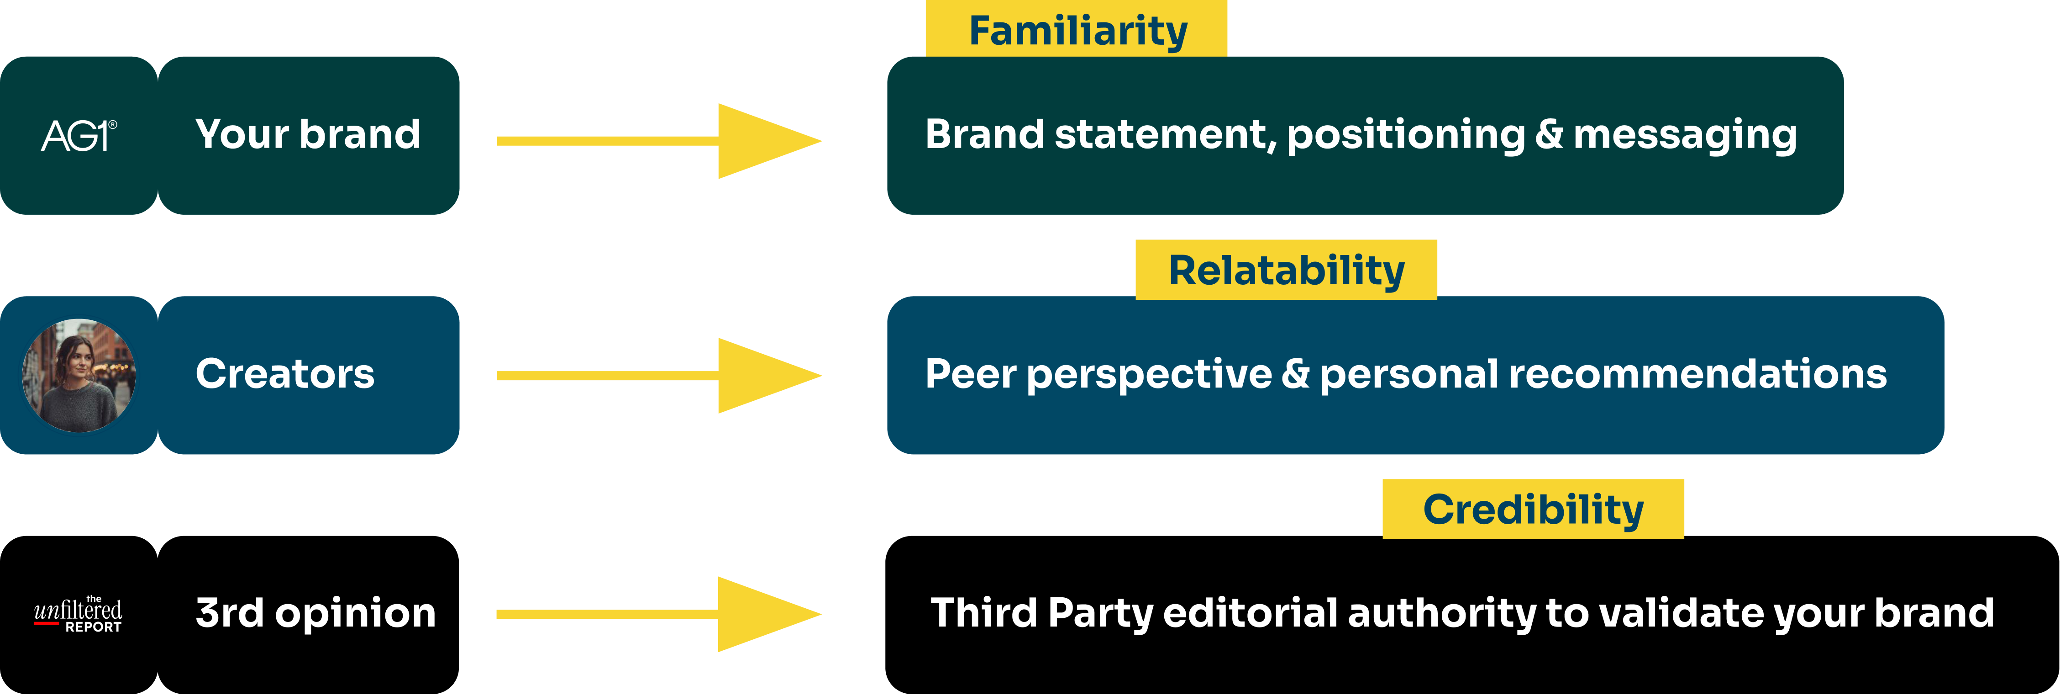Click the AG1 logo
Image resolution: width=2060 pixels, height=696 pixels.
pos(79,135)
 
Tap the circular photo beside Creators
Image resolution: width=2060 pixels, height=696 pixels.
pos(79,375)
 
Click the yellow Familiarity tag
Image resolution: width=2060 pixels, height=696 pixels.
pos(1077,31)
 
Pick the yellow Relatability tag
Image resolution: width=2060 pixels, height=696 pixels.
pos(1286,270)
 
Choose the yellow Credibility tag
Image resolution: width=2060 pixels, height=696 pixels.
pos(1533,509)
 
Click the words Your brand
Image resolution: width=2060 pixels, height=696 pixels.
pos(308,133)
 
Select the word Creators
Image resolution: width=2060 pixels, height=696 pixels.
pos(285,374)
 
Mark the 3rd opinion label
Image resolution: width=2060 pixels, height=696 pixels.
pos(316,613)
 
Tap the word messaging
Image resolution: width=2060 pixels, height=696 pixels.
pos(1685,134)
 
